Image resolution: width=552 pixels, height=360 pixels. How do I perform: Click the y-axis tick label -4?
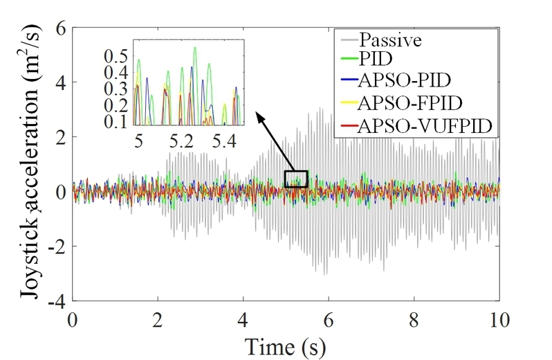(x=54, y=302)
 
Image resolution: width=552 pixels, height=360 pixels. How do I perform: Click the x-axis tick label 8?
(x=413, y=320)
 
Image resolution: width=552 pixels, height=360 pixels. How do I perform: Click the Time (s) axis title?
(x=285, y=343)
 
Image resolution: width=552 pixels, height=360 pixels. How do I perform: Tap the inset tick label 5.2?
(x=183, y=143)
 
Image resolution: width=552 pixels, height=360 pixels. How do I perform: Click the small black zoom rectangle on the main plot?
(x=295, y=179)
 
